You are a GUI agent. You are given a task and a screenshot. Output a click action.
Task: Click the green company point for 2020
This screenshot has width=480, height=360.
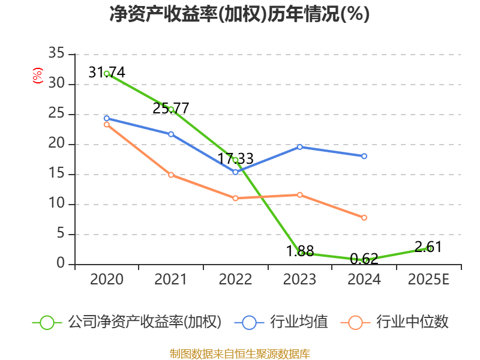point(107,73)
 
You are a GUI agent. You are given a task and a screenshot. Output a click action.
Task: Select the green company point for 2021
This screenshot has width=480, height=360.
point(171,109)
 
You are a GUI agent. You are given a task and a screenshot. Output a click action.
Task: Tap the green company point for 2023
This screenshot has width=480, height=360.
point(301,253)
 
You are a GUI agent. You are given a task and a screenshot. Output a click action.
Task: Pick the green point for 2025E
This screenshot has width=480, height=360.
point(429,248)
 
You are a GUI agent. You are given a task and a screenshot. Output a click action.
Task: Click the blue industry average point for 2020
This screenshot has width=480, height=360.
point(107,118)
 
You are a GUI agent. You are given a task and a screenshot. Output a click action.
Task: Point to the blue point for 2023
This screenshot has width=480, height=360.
point(300,146)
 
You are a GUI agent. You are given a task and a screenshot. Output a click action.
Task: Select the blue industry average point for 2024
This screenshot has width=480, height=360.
point(364,156)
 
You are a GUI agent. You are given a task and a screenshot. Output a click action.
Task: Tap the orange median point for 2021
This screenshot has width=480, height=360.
point(171,175)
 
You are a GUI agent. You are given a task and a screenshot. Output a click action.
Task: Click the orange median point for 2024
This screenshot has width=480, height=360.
point(364,218)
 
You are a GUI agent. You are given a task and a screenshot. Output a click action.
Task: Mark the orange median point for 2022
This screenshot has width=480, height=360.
point(235,198)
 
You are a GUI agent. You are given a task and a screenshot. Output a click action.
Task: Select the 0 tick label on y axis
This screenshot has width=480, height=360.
point(60,264)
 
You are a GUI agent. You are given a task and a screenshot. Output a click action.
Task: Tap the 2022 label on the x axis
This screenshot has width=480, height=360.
point(235,280)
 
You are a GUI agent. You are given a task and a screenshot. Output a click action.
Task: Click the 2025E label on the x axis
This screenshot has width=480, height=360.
point(428,280)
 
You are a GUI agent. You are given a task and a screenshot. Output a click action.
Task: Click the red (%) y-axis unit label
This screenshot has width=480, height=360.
point(38,76)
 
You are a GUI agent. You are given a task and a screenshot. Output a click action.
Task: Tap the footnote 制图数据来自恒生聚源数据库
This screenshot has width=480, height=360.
point(240,353)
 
